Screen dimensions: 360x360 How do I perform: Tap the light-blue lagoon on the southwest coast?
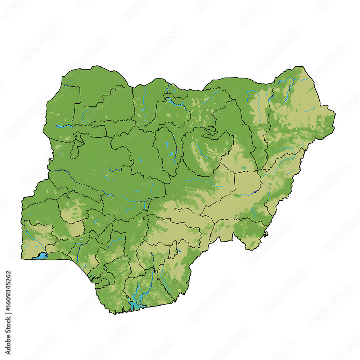pos(40,256)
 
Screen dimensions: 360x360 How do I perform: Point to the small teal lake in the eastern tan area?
pos(244,168)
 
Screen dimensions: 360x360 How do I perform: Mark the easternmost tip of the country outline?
pos(335,114)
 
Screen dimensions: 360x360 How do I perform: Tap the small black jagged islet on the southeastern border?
pos(266,234)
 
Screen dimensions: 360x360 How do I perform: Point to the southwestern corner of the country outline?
pos(21,258)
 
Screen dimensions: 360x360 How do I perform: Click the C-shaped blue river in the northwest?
pos(84,115)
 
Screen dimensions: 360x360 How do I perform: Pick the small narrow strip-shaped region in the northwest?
pos(75,146)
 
